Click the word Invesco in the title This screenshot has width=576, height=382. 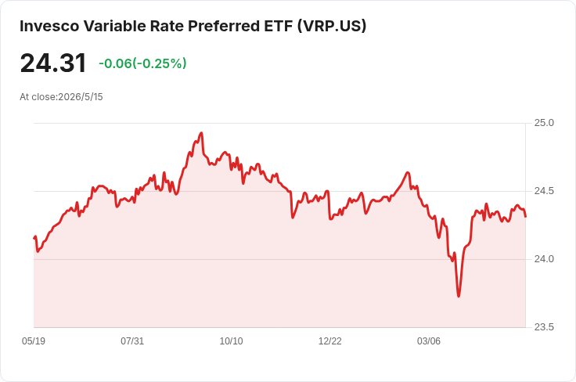click(x=49, y=26)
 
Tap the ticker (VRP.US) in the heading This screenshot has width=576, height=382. click(x=332, y=26)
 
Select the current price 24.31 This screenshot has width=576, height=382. click(x=53, y=63)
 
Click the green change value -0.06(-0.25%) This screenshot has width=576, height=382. click(x=142, y=63)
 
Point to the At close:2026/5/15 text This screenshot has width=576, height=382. click(x=61, y=97)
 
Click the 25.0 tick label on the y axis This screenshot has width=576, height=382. click(x=544, y=123)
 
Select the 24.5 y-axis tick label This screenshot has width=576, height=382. click(x=544, y=191)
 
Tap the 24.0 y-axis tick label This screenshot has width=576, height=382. click(x=544, y=259)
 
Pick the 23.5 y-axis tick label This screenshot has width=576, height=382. click(x=544, y=327)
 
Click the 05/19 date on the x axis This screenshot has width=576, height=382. click(x=34, y=341)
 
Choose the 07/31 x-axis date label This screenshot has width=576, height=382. click(x=132, y=341)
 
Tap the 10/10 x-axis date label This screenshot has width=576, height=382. click(x=231, y=341)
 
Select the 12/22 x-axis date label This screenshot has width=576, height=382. click(x=330, y=341)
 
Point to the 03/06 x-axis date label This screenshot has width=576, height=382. click(x=428, y=341)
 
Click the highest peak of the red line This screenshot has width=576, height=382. click(x=201, y=133)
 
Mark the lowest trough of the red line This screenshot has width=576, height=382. click(x=459, y=296)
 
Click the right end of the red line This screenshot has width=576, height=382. click(x=526, y=217)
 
